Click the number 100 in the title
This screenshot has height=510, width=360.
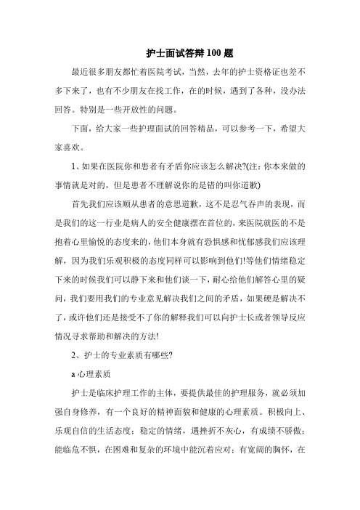point(205,52)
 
